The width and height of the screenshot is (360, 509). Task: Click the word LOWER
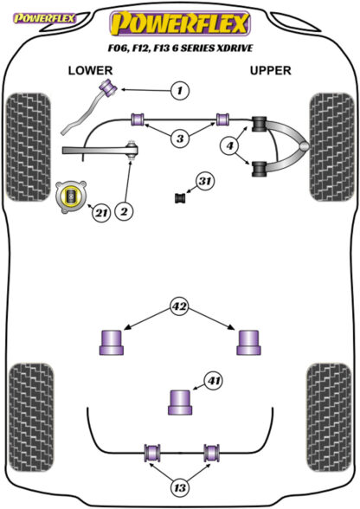[90, 70]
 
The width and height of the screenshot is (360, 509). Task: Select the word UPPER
[270, 70]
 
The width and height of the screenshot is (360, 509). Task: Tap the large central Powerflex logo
[180, 23]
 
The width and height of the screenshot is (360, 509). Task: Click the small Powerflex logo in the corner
[44, 18]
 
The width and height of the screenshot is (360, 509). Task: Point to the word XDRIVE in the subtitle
[235, 48]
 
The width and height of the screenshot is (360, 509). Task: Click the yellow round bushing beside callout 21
[70, 197]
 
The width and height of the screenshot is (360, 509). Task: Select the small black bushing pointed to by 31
[179, 197]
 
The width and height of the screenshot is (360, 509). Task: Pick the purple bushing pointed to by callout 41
[180, 403]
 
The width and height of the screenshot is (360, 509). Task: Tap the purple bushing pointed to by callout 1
[109, 87]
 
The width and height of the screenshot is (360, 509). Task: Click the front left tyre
[29, 147]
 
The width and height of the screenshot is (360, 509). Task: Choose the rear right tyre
[329, 417]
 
